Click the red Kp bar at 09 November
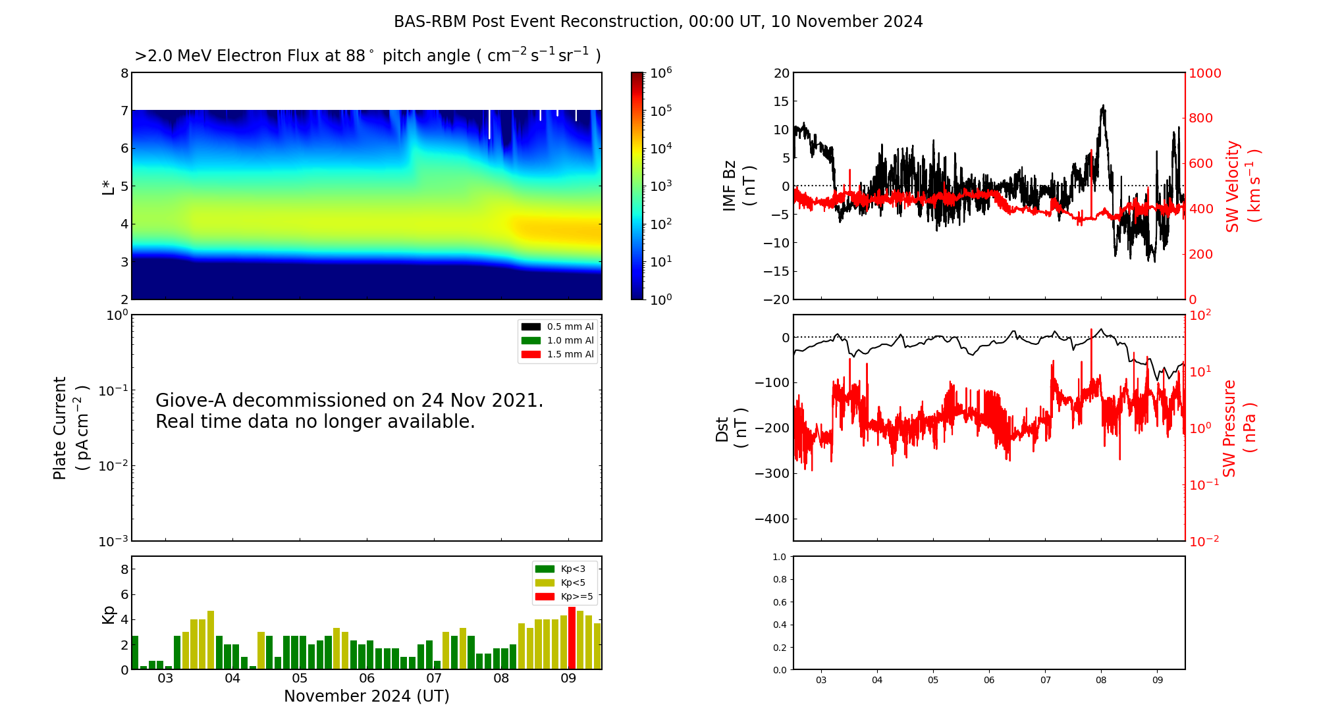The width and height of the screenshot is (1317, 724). coord(572,638)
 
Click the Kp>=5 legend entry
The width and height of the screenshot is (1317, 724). coord(563,597)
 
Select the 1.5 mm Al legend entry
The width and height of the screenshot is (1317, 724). coord(558,355)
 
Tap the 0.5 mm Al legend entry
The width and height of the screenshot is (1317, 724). coord(558,327)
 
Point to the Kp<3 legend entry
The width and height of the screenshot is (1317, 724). coord(559,569)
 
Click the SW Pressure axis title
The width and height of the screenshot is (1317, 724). coord(1239,428)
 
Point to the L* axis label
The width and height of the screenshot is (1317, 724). coord(108,186)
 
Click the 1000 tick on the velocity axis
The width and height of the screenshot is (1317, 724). coord(1204,73)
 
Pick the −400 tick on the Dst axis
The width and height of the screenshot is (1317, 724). coord(772,519)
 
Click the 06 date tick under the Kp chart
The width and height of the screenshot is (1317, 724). coord(367,679)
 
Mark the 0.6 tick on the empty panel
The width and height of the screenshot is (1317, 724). coord(779,602)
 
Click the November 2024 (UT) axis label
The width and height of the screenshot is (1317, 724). coord(367,696)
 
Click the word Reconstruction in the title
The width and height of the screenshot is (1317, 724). coord(618,22)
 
